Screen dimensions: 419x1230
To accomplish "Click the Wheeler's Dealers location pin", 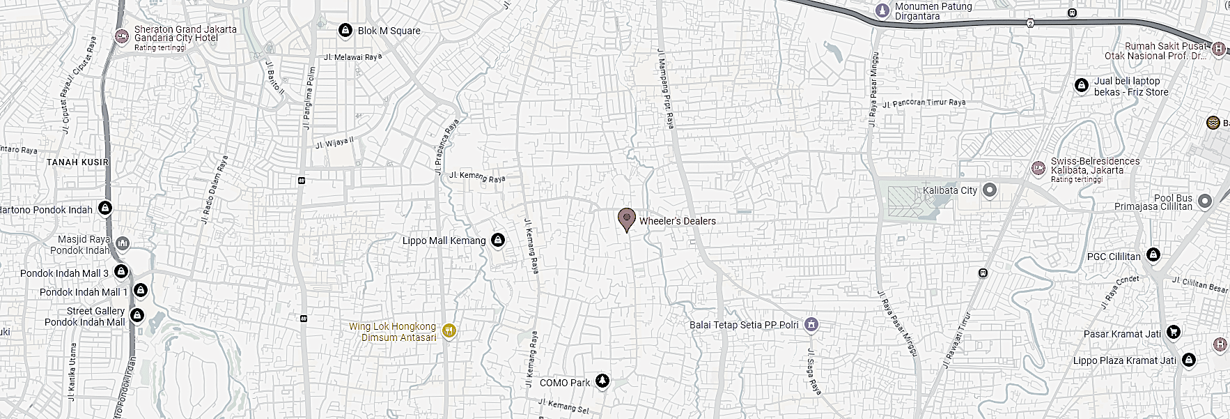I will [x=627, y=219].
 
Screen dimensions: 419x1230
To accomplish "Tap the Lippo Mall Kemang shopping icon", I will [x=498, y=241].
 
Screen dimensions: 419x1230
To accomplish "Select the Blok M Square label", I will [x=389, y=31].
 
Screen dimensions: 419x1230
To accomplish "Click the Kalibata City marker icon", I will [x=990, y=190].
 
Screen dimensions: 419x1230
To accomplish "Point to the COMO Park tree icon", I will [x=602, y=381].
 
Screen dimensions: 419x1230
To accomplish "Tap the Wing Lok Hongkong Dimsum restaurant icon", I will [x=449, y=331].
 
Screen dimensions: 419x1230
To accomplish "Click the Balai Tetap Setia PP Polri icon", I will [x=811, y=324].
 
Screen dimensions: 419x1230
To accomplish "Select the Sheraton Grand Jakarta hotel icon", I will [x=122, y=36].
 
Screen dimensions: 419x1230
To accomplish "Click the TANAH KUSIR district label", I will [x=77, y=162].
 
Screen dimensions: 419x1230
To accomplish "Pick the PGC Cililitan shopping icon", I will [x=1153, y=254].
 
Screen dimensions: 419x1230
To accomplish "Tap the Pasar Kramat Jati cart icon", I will [x=1174, y=333].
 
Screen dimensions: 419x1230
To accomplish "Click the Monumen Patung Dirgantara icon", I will [x=882, y=10].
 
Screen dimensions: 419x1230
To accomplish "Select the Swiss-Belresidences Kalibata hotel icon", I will [x=1038, y=168].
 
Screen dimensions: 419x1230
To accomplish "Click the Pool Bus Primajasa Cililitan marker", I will [x=1205, y=201].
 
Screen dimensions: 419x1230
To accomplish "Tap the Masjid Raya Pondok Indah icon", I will [x=123, y=243].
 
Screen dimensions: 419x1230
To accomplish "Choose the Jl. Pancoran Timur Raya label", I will [x=924, y=103].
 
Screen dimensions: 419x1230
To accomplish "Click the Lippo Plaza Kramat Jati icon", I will [x=1189, y=360].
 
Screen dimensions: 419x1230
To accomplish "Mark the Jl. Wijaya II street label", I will [x=335, y=143].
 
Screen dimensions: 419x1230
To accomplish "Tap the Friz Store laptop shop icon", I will [x=1082, y=85].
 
